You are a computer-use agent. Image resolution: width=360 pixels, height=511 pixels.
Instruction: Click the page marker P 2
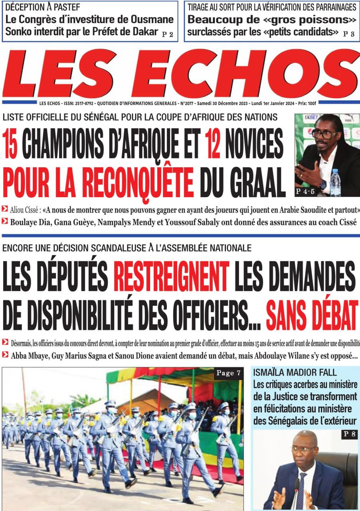point(168,34)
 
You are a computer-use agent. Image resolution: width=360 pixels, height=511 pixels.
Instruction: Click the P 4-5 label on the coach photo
point(305,192)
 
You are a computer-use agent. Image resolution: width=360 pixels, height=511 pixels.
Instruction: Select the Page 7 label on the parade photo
point(228,373)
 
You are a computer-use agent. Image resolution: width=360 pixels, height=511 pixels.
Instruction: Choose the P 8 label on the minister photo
point(348,434)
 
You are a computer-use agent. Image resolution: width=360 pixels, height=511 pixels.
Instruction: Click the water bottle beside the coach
point(335,183)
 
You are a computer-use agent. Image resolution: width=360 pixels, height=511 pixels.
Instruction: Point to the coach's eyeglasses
point(324,134)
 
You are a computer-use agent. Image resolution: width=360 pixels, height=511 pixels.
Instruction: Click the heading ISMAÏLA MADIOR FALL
point(295,373)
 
